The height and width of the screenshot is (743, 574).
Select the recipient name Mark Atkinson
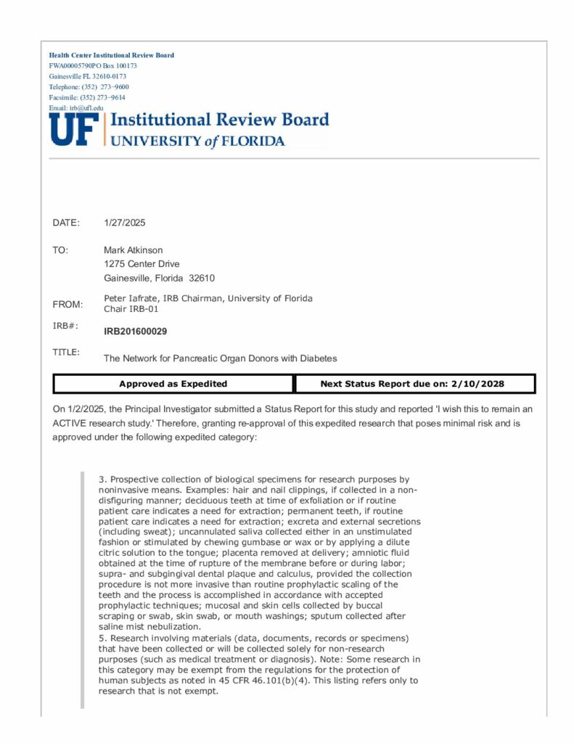tap(134, 250)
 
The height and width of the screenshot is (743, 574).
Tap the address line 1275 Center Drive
tap(142, 264)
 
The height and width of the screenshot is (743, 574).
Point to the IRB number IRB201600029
tap(135, 332)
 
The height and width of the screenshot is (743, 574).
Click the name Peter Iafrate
tap(131, 298)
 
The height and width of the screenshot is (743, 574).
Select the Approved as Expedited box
tap(173, 384)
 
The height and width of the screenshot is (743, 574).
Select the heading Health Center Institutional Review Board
tap(111, 55)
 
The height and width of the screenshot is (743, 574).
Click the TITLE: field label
tap(66, 353)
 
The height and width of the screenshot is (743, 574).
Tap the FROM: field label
tap(67, 304)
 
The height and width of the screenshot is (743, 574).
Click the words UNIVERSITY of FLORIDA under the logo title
tap(197, 141)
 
